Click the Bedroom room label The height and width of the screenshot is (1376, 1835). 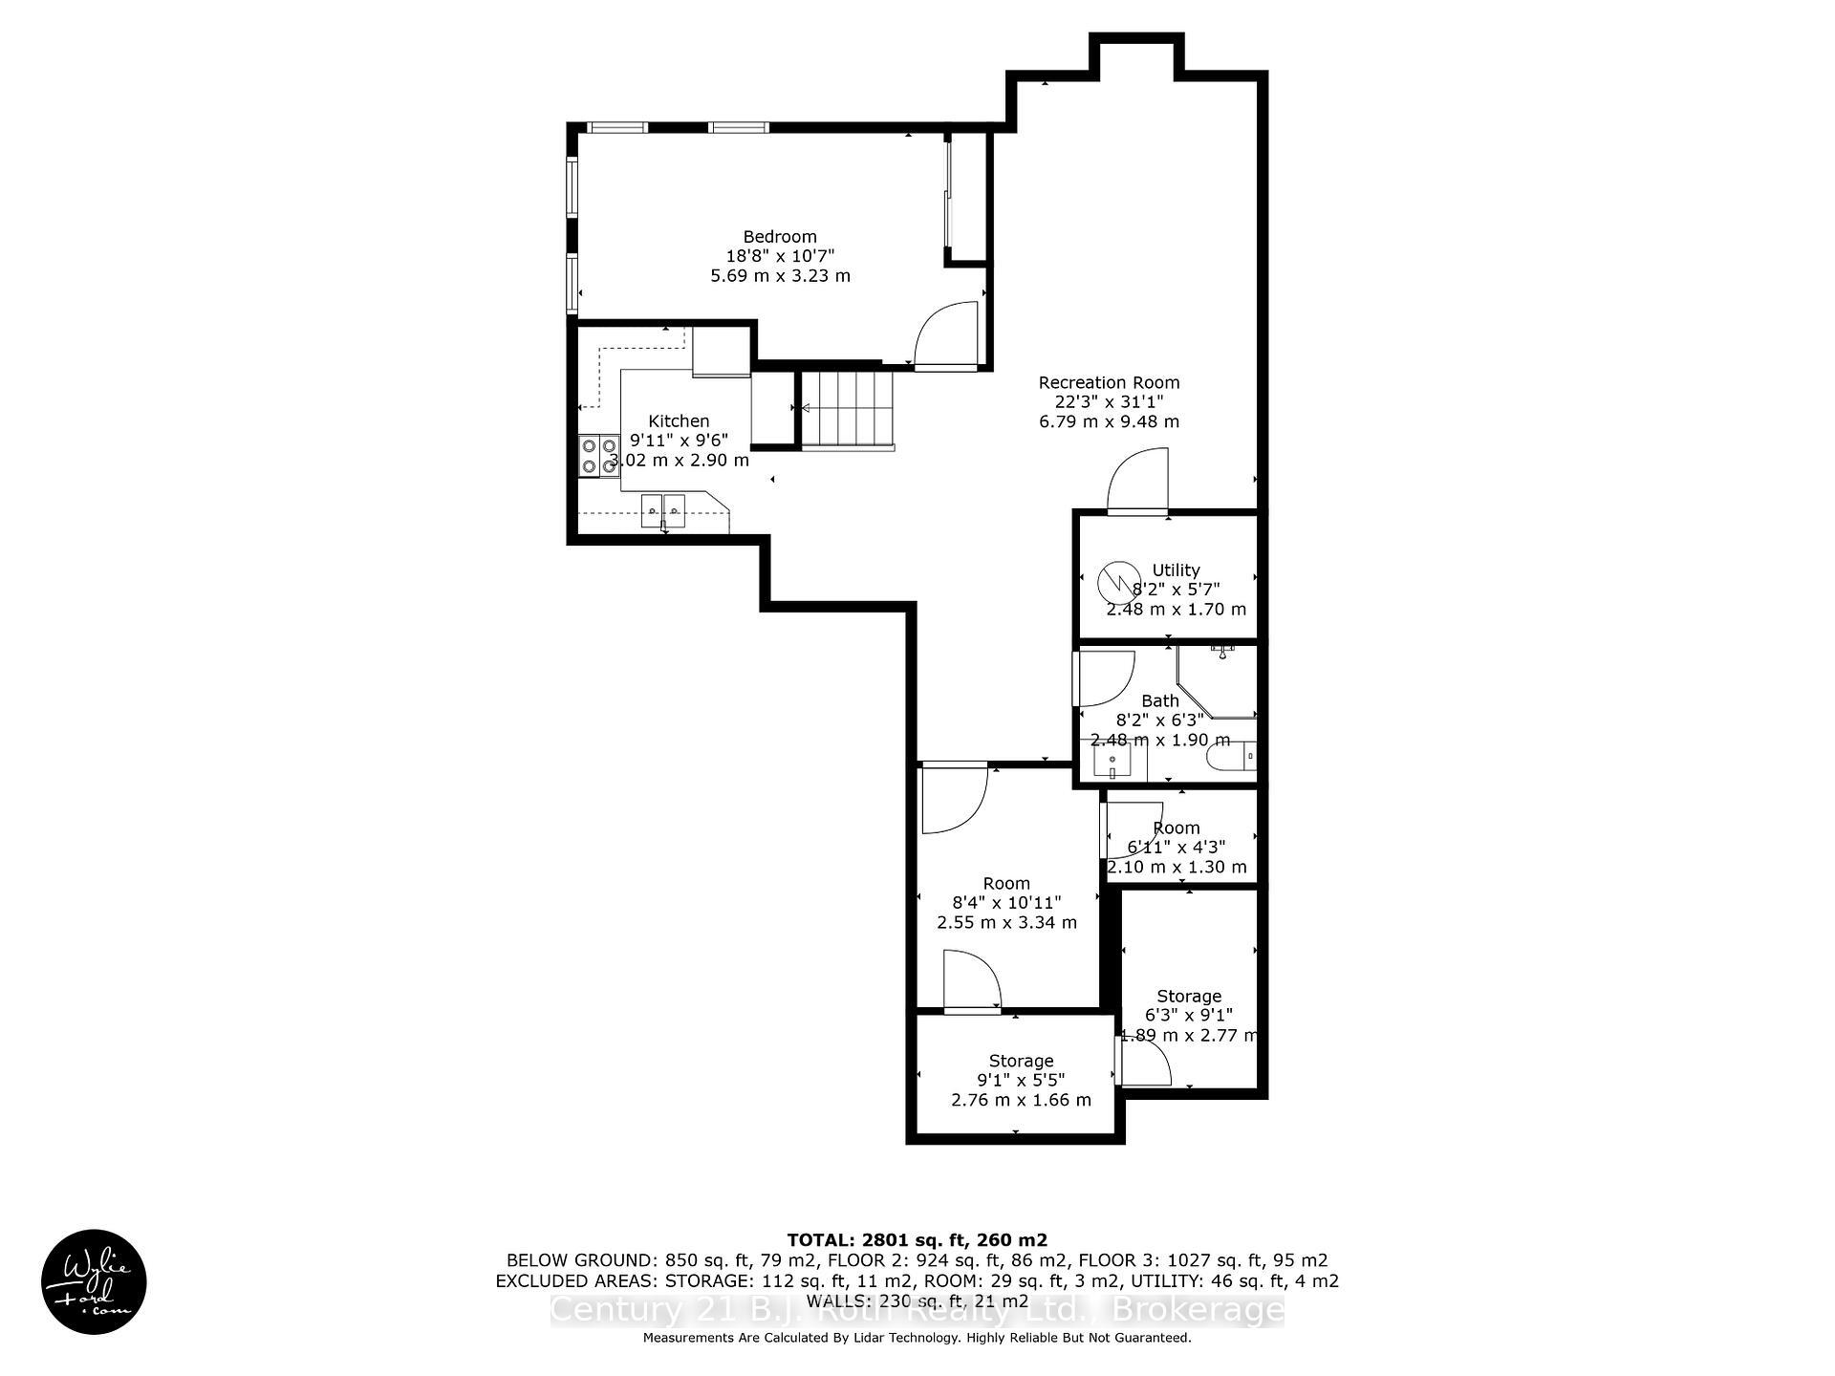coord(780,237)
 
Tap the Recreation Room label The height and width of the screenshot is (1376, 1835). coord(1109,383)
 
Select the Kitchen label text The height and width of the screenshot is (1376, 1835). coord(679,421)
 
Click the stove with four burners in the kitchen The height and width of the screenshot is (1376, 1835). coord(598,455)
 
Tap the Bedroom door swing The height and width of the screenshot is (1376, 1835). coord(946,334)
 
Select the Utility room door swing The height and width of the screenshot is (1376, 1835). coord(1137,483)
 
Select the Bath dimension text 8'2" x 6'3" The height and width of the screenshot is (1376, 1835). coord(1160,720)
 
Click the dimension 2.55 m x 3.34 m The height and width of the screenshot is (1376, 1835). coord(1006,922)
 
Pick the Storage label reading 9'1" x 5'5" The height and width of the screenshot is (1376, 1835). coord(1021,1080)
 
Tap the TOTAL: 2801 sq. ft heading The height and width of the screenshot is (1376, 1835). coord(917,1240)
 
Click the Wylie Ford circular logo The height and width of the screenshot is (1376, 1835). coord(94,1281)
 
